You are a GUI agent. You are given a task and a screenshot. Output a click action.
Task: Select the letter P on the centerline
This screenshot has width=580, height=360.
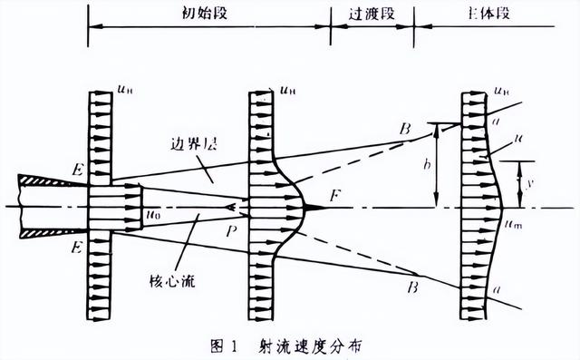(236, 231)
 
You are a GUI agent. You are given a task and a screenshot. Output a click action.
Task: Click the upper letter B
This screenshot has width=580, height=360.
(407, 130)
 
